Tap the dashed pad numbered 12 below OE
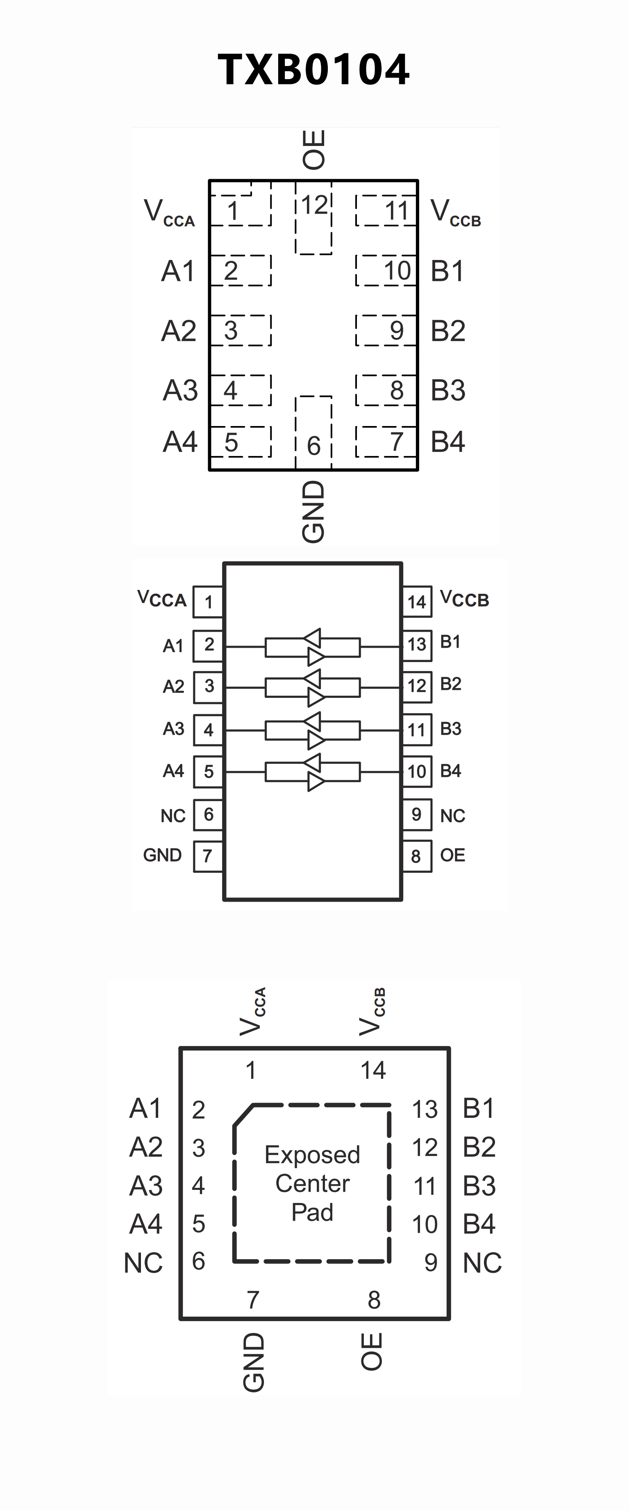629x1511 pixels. (313, 217)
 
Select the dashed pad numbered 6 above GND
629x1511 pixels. (313, 434)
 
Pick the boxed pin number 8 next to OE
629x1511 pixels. (416, 857)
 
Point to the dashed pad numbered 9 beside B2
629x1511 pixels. (386, 330)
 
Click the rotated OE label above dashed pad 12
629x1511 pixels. (313, 150)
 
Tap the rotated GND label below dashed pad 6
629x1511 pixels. (313, 511)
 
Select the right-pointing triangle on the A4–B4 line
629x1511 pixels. (316, 781)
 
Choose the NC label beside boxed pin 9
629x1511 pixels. (452, 815)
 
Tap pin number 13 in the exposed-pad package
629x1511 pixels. (425, 1109)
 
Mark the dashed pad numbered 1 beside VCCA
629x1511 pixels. (241, 210)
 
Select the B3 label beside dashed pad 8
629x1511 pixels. (448, 390)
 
